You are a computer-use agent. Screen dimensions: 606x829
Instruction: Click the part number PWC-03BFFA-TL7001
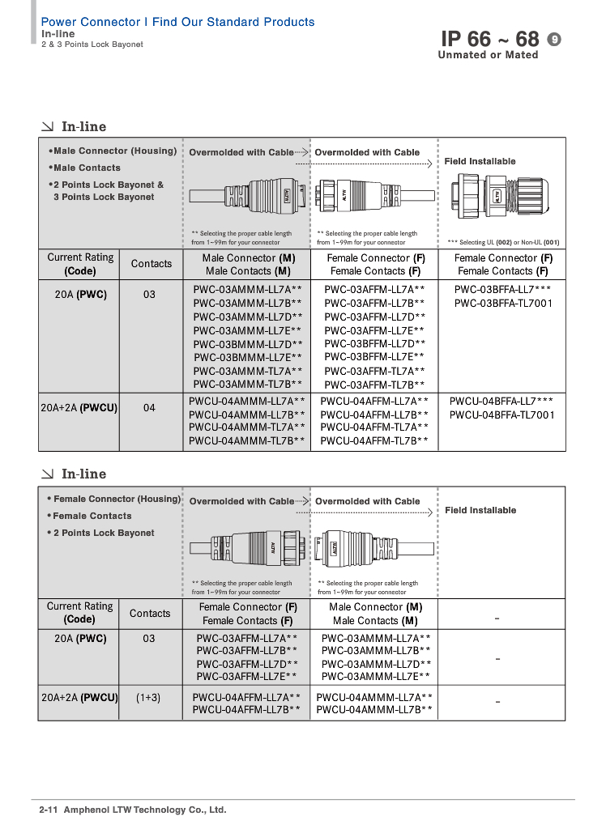(x=503, y=304)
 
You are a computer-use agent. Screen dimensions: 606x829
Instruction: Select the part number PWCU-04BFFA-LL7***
(x=501, y=402)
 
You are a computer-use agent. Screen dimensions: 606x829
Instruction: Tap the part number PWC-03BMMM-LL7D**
(x=248, y=344)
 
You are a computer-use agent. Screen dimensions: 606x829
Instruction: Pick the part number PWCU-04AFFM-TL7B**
(x=374, y=441)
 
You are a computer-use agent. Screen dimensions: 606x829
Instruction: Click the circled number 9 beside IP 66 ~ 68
(x=553, y=39)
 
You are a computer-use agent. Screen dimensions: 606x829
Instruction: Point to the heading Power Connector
(x=91, y=22)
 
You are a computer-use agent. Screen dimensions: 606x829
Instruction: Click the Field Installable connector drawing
(x=500, y=197)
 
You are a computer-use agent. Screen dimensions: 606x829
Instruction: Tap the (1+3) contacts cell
(x=148, y=698)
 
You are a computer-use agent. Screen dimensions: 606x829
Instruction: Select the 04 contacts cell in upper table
(x=149, y=408)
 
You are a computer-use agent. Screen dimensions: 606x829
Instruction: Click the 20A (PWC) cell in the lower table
(x=80, y=639)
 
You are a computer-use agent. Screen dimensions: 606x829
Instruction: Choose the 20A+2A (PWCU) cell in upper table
(x=79, y=408)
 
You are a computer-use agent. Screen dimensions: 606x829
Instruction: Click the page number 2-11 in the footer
(x=48, y=810)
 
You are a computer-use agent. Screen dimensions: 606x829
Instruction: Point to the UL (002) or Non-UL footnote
(x=503, y=243)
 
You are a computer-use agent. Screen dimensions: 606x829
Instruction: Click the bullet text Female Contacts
(x=89, y=516)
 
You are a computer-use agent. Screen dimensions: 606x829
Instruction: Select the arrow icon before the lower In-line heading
(x=48, y=474)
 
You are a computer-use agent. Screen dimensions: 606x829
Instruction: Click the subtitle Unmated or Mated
(x=488, y=55)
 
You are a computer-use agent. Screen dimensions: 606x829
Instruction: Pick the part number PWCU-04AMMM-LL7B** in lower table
(x=374, y=709)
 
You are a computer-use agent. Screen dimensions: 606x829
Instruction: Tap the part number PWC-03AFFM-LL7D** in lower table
(x=247, y=664)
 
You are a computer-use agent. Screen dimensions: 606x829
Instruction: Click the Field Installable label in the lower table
(x=480, y=510)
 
